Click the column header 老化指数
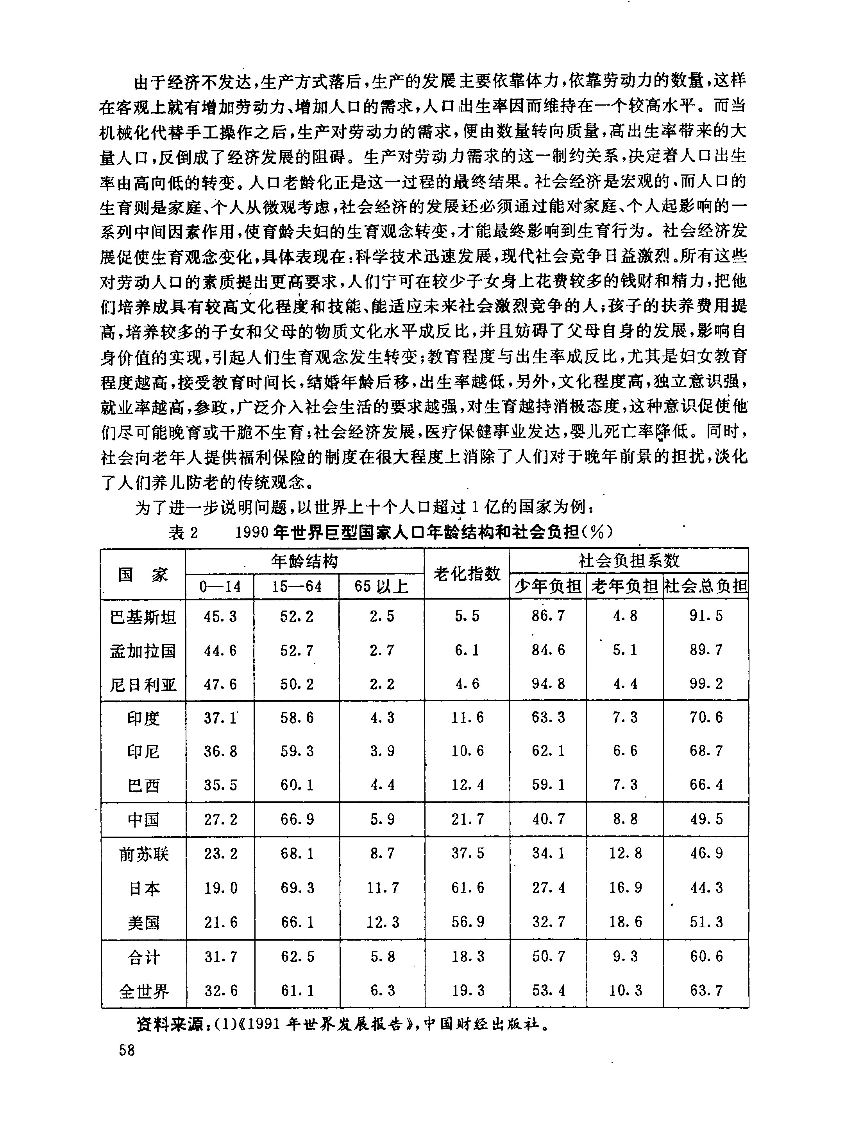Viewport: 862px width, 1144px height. click(x=467, y=573)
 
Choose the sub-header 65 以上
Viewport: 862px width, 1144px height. click(x=381, y=587)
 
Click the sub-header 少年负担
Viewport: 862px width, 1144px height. click(x=548, y=587)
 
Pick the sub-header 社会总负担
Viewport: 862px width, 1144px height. click(x=706, y=587)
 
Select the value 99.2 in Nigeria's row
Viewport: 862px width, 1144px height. click(x=706, y=684)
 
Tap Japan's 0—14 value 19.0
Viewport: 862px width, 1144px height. click(x=221, y=888)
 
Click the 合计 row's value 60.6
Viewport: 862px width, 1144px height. click(x=706, y=956)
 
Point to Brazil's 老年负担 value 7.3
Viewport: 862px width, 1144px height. click(x=625, y=785)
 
